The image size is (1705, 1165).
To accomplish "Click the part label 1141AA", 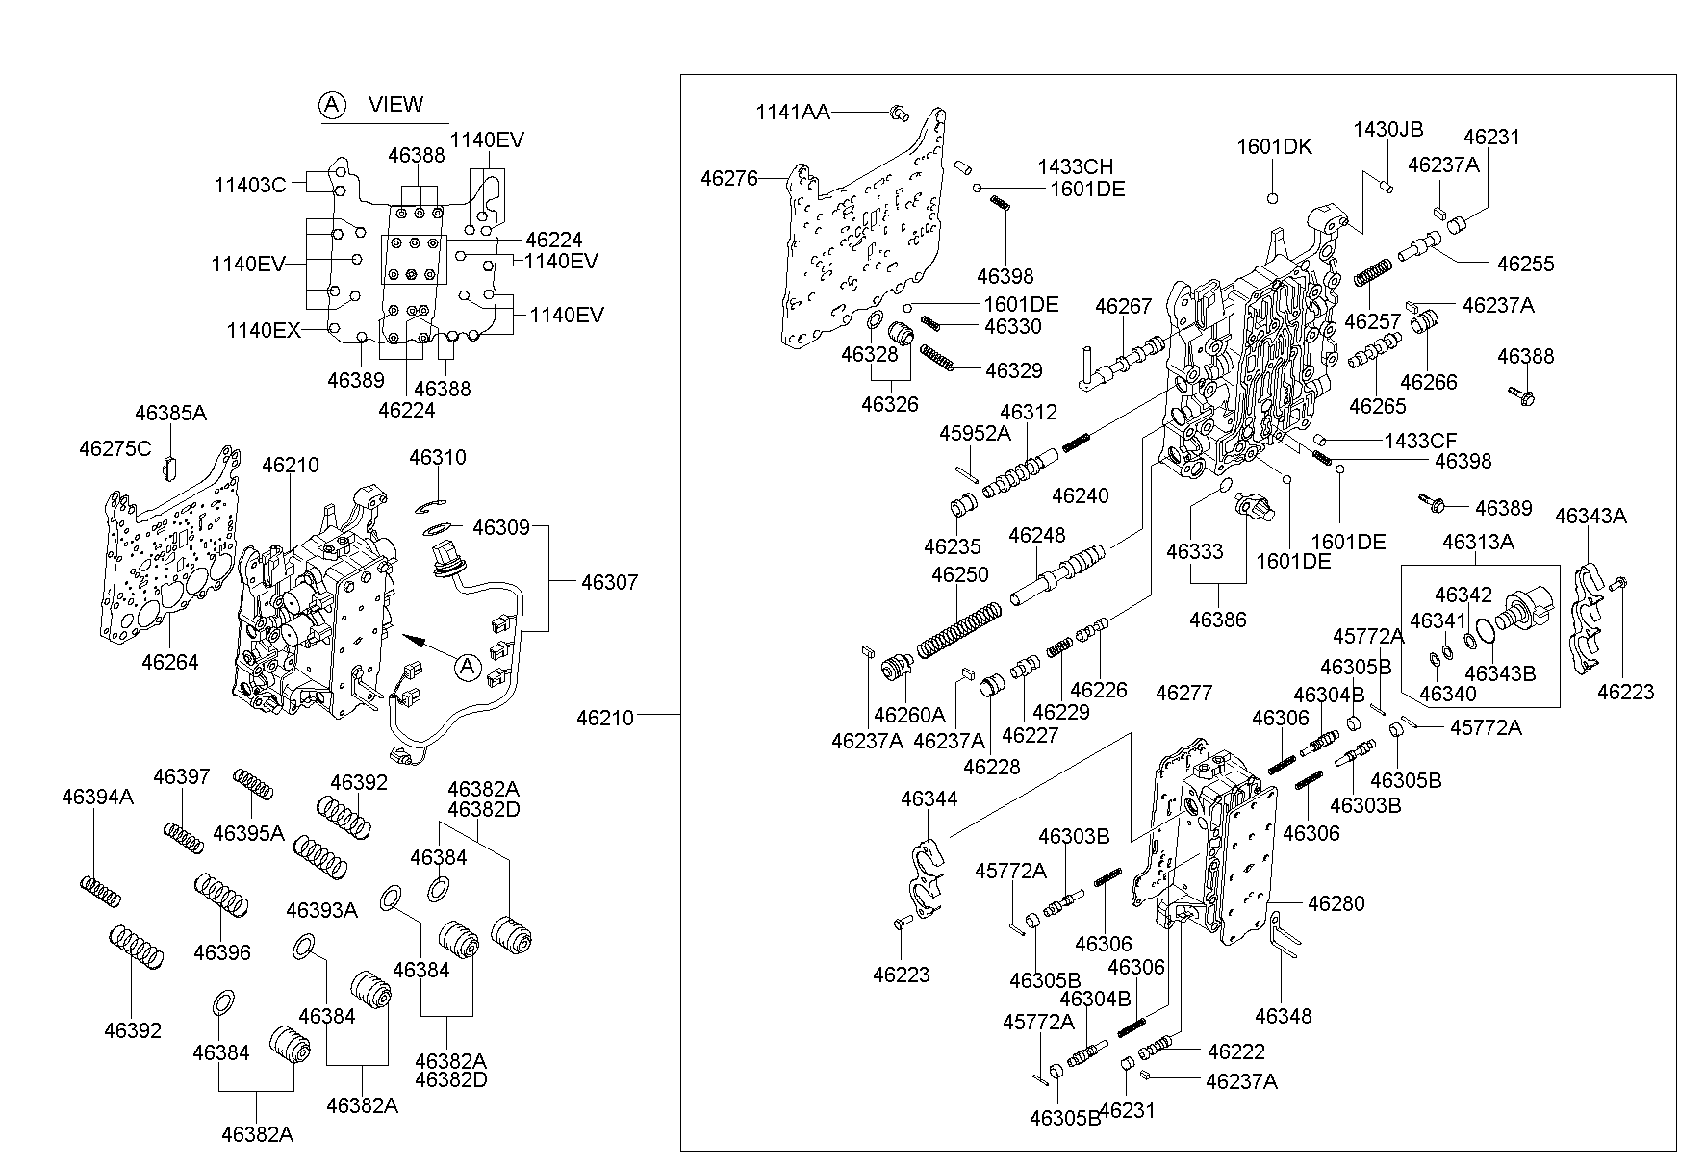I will click(792, 113).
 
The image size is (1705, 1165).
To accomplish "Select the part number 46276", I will click(728, 178).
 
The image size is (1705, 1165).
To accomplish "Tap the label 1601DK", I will click(1274, 146).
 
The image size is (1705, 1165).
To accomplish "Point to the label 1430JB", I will click(1387, 129).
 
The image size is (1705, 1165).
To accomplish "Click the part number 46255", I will click(1525, 263).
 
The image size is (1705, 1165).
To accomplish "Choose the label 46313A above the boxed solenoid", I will click(1477, 543).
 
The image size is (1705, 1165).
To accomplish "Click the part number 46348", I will click(1283, 1015).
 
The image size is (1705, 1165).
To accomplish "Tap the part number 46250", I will click(959, 574).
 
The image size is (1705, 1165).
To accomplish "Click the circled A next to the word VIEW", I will click(332, 105).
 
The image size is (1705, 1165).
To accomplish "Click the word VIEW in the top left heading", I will click(395, 104).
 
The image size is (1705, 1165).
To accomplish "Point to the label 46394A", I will click(97, 797).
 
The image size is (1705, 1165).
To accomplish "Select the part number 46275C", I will click(115, 448).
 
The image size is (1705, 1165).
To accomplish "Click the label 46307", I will click(609, 582).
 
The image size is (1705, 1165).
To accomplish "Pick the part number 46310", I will click(437, 457).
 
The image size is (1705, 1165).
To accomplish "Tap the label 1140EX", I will click(263, 330).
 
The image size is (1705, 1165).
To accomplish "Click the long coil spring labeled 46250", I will click(957, 630).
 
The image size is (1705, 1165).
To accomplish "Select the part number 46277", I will click(1183, 693).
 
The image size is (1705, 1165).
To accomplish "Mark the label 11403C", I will click(250, 185).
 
